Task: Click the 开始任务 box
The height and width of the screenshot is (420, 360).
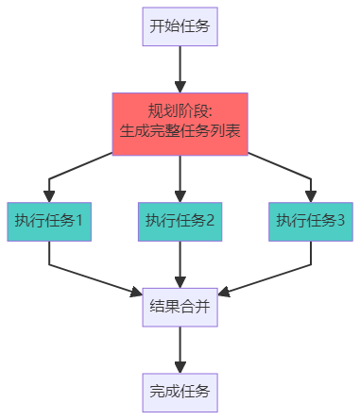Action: (180, 26)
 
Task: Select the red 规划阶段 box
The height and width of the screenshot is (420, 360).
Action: (180, 121)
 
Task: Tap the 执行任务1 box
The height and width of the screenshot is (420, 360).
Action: (49, 221)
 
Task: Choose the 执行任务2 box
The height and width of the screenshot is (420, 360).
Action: (180, 221)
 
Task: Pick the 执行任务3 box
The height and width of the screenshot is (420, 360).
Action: (310, 221)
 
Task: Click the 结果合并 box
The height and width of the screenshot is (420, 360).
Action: (180, 306)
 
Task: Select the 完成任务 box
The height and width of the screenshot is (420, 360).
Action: (180, 390)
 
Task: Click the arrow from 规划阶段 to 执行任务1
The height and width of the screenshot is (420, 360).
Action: (76, 174)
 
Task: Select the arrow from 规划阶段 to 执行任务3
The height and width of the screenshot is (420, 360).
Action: (283, 174)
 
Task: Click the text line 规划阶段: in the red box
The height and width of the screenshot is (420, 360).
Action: (180, 110)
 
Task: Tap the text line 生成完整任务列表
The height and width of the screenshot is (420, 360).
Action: (180, 131)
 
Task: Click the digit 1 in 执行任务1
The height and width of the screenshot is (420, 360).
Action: (79, 221)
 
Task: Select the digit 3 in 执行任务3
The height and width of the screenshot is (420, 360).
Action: (340, 221)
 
